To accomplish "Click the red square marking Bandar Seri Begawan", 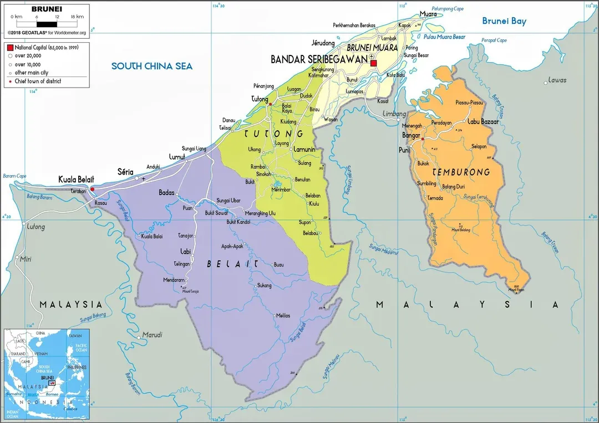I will click(x=373, y=63).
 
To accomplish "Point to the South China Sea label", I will click(x=152, y=66).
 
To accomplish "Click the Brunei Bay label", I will click(x=504, y=22).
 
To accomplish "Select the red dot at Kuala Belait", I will click(x=93, y=189).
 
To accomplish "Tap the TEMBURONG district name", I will click(x=461, y=172).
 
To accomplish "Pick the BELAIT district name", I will click(x=232, y=264).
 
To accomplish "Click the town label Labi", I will click(x=185, y=252).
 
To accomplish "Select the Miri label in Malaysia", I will click(x=26, y=259).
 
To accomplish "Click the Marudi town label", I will click(x=153, y=335).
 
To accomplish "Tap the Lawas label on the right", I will click(x=557, y=80).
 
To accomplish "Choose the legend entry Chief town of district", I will click(x=38, y=81).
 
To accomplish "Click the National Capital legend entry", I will click(x=47, y=48).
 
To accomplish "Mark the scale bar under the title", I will click(x=46, y=24).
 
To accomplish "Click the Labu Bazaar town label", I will click(x=483, y=121).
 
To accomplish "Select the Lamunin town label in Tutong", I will click(x=304, y=150).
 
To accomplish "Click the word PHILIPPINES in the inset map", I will click(x=77, y=367).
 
